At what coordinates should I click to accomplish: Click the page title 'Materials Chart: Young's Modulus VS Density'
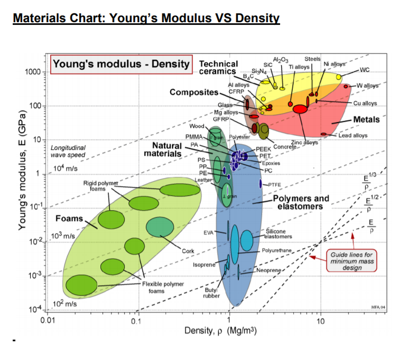(x=146, y=19)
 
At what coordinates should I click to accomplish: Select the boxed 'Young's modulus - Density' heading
(x=120, y=64)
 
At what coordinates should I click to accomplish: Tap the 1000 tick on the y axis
(x=33, y=72)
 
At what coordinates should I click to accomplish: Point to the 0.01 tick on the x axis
(x=48, y=320)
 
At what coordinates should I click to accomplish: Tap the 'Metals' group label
(x=366, y=119)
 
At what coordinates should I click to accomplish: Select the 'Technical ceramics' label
(x=218, y=68)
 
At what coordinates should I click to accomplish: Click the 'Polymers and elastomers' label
(x=301, y=202)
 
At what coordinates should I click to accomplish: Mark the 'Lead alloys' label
(x=353, y=136)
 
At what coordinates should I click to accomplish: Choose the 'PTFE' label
(x=274, y=184)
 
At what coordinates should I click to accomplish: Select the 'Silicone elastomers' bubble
(x=247, y=240)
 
